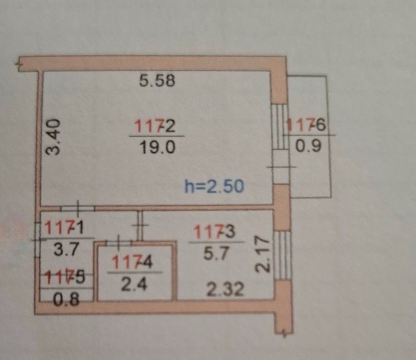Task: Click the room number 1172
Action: [x=155, y=127]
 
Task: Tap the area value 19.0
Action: [x=155, y=147]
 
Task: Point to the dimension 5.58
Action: [x=157, y=81]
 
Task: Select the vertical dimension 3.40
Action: [x=55, y=137]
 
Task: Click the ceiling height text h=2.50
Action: [x=214, y=186]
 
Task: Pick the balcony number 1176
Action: [x=307, y=125]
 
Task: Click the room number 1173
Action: [x=214, y=232]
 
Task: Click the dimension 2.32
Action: [x=226, y=289]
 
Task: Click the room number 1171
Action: [x=64, y=227]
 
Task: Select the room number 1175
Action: [x=64, y=276]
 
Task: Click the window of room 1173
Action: [x=284, y=255]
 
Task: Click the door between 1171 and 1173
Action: [x=141, y=225]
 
